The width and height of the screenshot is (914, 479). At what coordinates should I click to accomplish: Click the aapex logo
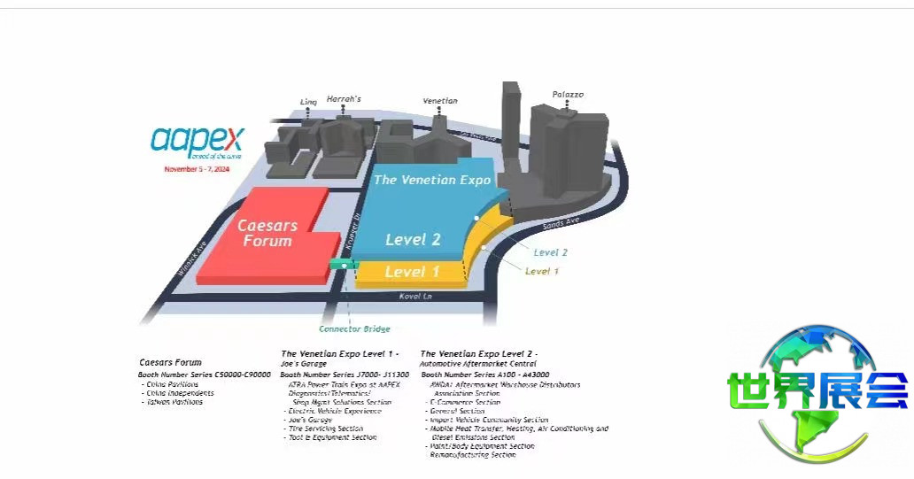click(x=197, y=141)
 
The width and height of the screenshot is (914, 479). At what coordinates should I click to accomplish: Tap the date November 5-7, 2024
click(x=197, y=168)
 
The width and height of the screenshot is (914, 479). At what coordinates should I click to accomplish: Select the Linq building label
click(x=308, y=102)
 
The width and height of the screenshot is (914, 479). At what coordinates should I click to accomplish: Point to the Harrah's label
click(x=344, y=99)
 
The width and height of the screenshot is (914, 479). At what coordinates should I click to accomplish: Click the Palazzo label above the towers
click(x=568, y=94)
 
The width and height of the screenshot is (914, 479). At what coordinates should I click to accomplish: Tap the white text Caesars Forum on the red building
click(x=267, y=233)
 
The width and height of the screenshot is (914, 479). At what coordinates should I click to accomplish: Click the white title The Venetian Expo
click(x=432, y=180)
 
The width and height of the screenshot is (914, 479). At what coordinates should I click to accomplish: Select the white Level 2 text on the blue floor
click(x=413, y=240)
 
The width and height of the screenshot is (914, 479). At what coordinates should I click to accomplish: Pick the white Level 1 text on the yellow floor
click(x=412, y=272)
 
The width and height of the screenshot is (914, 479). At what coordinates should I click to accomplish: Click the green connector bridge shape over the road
click(x=341, y=264)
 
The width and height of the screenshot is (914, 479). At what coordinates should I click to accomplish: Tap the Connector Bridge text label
click(x=354, y=329)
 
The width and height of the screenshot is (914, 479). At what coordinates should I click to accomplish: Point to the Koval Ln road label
click(x=414, y=296)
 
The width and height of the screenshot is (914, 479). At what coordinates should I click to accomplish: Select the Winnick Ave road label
click(x=191, y=259)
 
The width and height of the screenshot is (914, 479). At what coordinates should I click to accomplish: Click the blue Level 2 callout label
click(x=551, y=252)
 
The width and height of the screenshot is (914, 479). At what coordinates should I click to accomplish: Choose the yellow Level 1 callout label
click(x=542, y=271)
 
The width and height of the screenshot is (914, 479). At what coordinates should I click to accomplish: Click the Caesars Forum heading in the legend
click(x=171, y=362)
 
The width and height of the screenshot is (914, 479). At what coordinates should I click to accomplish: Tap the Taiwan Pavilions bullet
click(x=174, y=402)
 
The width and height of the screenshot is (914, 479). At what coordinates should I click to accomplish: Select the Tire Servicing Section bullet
click(x=325, y=429)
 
